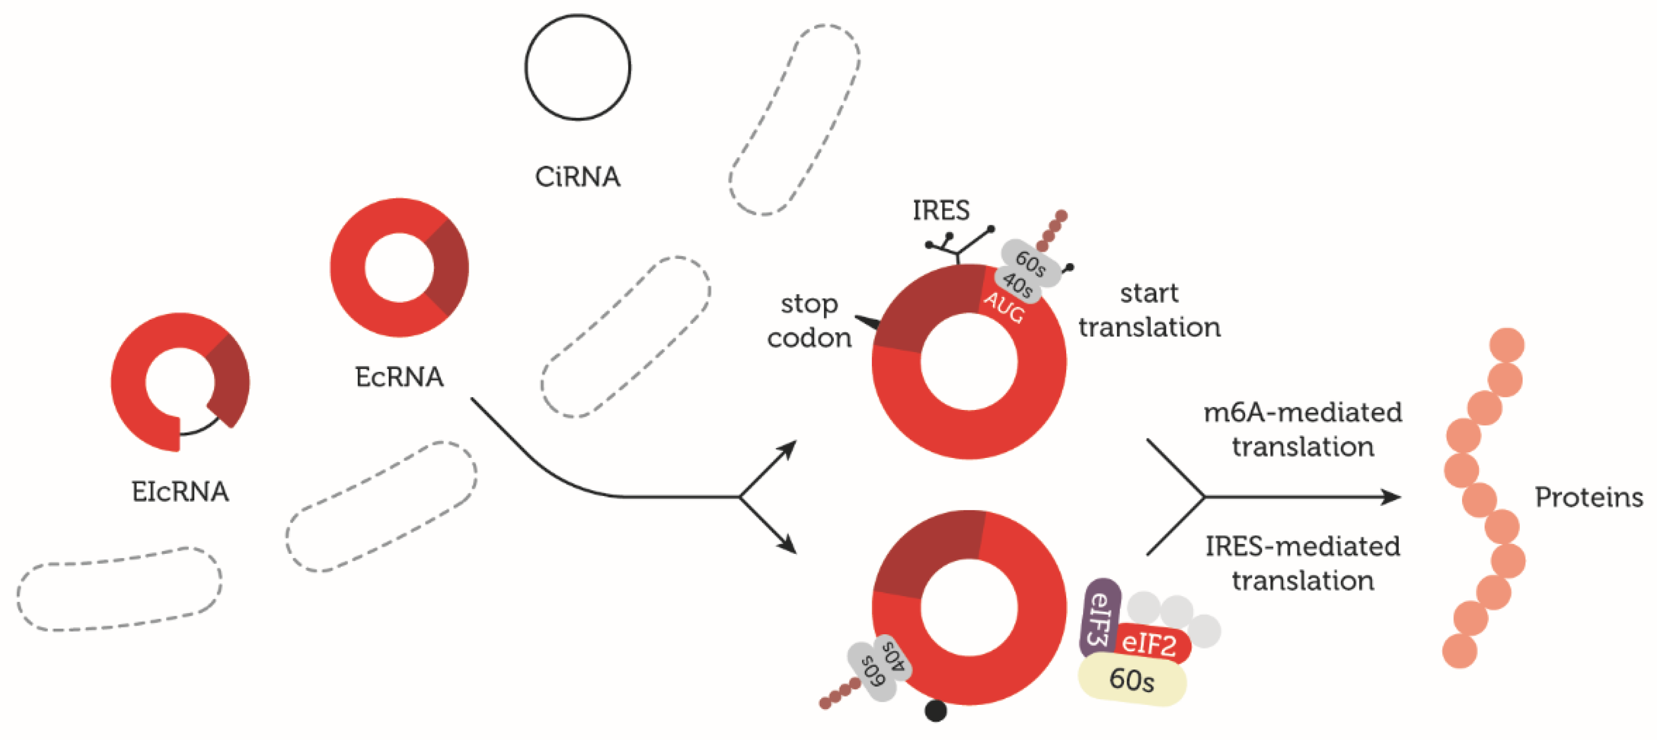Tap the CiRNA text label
click(x=577, y=177)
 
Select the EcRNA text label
click(x=399, y=377)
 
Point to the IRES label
click(x=940, y=210)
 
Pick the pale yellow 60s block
click(x=1132, y=680)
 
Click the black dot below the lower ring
click(x=935, y=711)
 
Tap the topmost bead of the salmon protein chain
click(x=1506, y=345)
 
